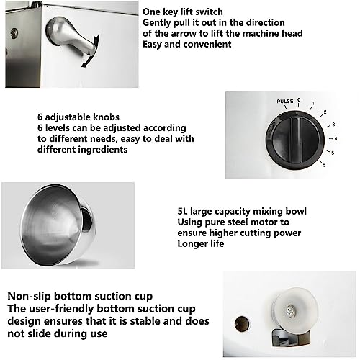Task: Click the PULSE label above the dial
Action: pyautogui.click(x=285, y=101)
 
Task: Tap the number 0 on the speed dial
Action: pyautogui.click(x=299, y=99)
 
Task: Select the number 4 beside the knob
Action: pyautogui.click(x=336, y=138)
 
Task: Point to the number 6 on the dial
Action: pyautogui.click(x=324, y=165)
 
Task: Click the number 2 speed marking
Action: pyautogui.click(x=325, y=112)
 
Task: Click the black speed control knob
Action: pyautogui.click(x=295, y=140)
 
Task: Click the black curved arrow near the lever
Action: pyautogui.click(x=91, y=52)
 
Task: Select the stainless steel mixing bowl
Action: pyautogui.click(x=58, y=225)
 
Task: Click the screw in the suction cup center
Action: pyautogui.click(x=290, y=311)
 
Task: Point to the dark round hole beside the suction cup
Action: pyautogui.click(x=242, y=324)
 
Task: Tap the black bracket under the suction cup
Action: pyautogui.click(x=290, y=338)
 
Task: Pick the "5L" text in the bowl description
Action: pyautogui.click(x=183, y=211)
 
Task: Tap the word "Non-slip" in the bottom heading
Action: pyautogui.click(x=30, y=297)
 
